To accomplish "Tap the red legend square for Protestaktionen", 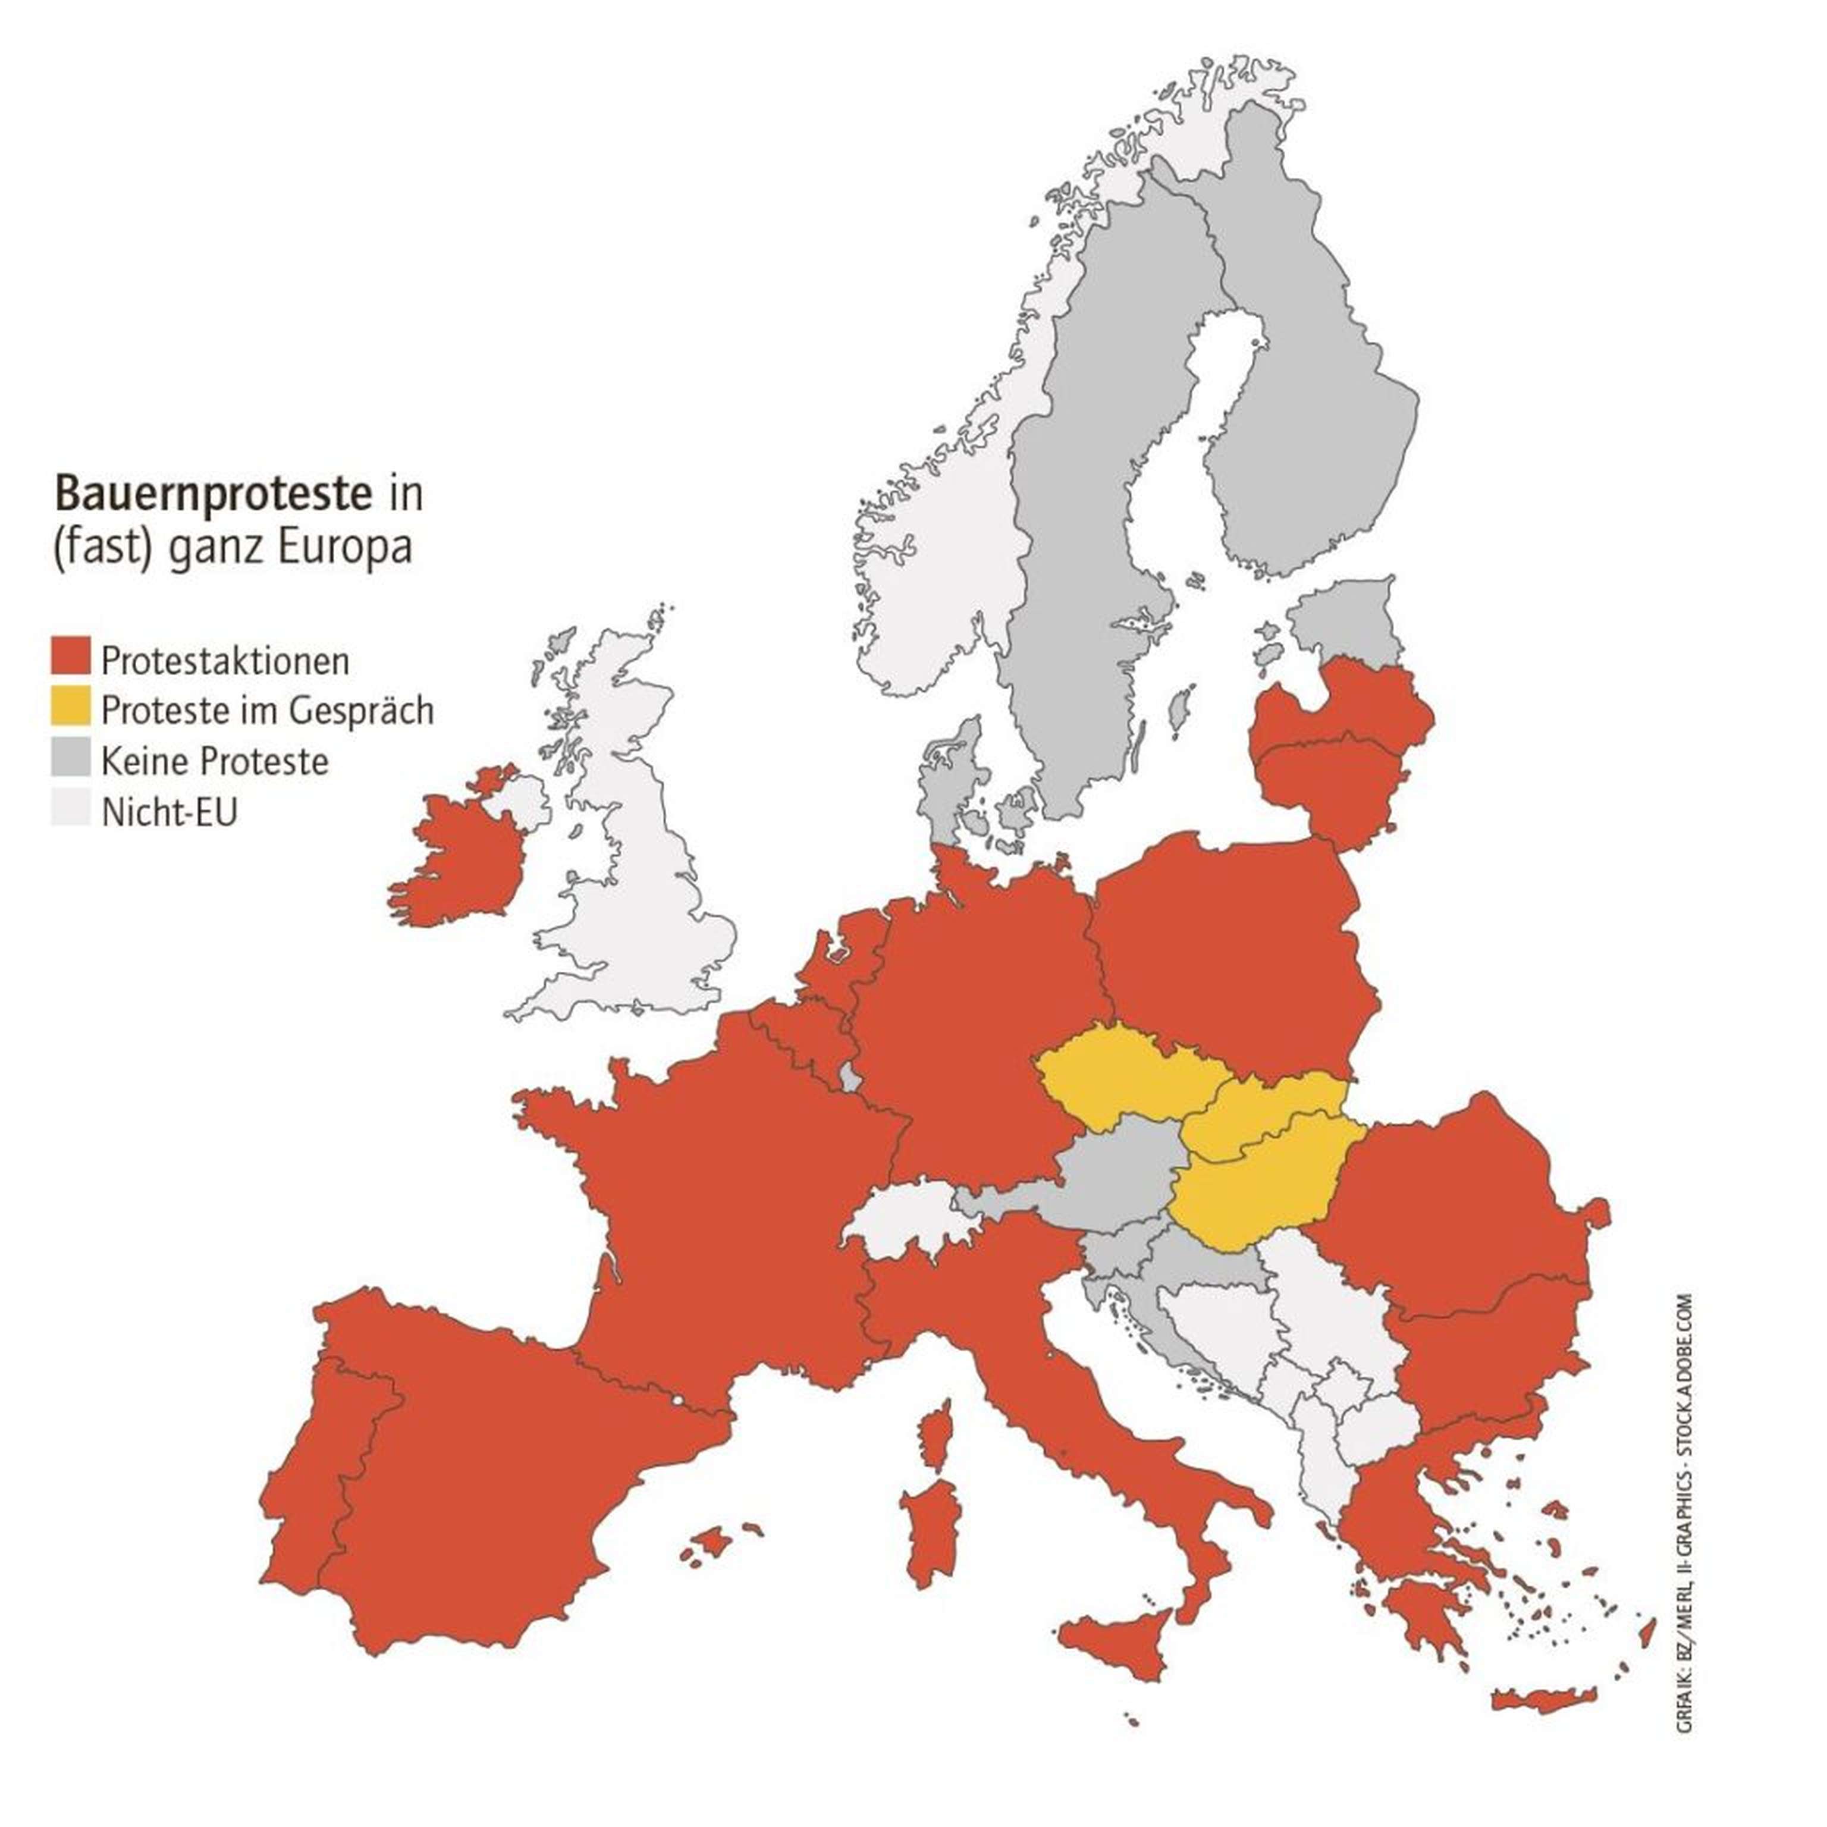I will click(x=70, y=657).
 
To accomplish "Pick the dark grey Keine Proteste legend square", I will click(x=70, y=758).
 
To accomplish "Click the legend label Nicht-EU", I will click(x=169, y=811).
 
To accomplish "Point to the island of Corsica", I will click(x=936, y=1438).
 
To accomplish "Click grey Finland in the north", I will click(x=1305, y=378).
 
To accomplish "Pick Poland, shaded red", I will click(x=1229, y=955).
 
